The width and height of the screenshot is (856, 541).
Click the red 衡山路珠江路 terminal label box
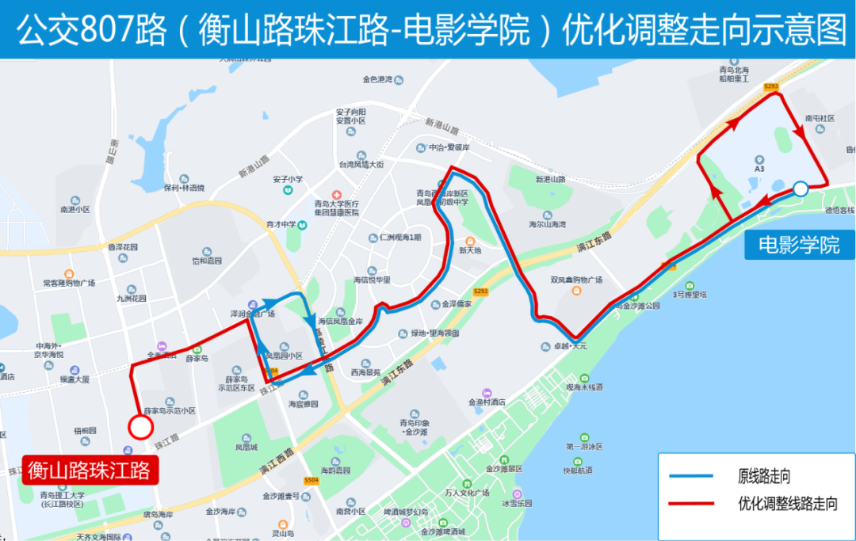coord(90,471)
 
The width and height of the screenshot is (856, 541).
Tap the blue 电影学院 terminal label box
coord(799,245)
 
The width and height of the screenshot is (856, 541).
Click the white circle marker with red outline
coord(140,428)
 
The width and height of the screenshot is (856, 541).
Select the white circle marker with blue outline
coord(801,189)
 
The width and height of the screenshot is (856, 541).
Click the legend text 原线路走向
coord(765,477)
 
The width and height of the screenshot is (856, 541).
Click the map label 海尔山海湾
coord(547,225)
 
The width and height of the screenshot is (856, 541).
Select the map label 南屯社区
coord(820,118)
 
